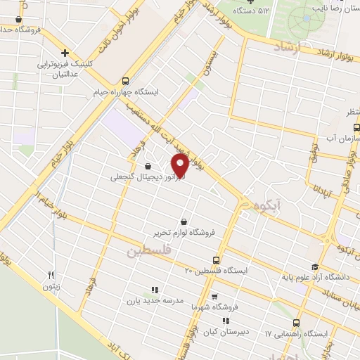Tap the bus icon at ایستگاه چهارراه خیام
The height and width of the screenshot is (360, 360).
(x=125, y=81)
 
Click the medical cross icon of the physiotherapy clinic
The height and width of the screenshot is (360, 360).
(x=65, y=53)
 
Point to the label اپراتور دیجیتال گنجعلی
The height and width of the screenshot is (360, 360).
(x=146, y=178)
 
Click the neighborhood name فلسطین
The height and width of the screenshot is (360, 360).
(x=149, y=250)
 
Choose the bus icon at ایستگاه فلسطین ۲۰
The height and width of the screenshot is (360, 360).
(x=217, y=259)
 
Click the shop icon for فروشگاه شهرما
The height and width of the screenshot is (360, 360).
(x=214, y=297)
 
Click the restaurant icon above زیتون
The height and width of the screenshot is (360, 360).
(x=51, y=276)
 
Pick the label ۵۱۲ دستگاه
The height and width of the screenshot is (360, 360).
(x=253, y=11)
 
